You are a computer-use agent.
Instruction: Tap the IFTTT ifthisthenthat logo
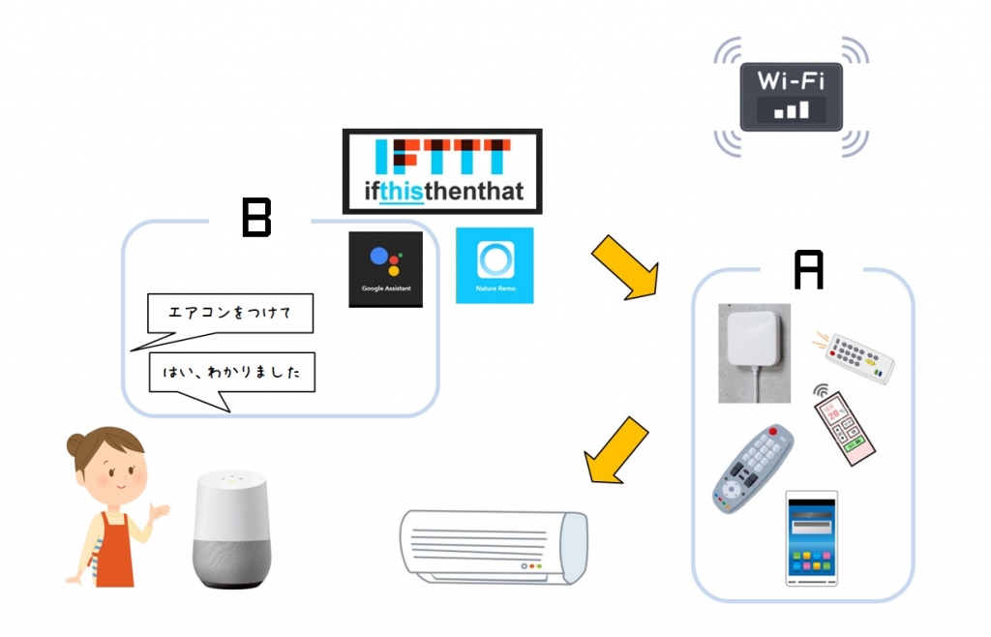click(442, 170)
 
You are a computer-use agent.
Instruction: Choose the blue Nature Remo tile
click(495, 264)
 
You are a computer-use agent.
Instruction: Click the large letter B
click(256, 219)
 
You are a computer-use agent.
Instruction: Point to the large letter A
click(808, 270)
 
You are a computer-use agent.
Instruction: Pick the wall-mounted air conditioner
click(494, 548)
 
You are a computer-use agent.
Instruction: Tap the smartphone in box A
click(811, 538)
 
